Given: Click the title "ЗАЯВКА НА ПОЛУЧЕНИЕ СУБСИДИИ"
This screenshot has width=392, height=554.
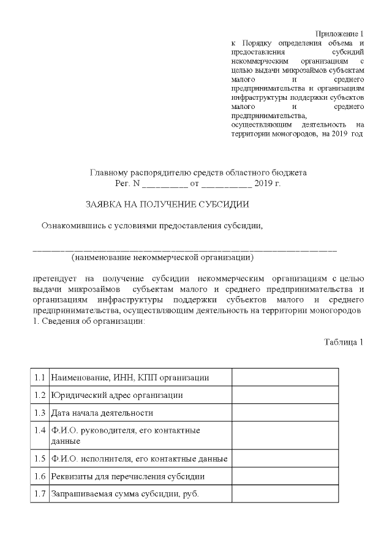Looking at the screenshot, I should pos(167,204).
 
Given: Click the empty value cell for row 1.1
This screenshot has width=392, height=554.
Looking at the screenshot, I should pos(285,377).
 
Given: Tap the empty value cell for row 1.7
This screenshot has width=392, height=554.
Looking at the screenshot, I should pos(285,493).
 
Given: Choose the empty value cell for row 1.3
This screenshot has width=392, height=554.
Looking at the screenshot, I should pos(285,413).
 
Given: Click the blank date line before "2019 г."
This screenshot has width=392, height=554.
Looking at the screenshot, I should pos(226,184).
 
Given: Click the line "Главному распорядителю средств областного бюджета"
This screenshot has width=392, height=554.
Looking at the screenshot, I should pos(198,173).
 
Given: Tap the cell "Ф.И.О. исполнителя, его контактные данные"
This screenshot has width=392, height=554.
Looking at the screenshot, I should pos(140,458).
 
